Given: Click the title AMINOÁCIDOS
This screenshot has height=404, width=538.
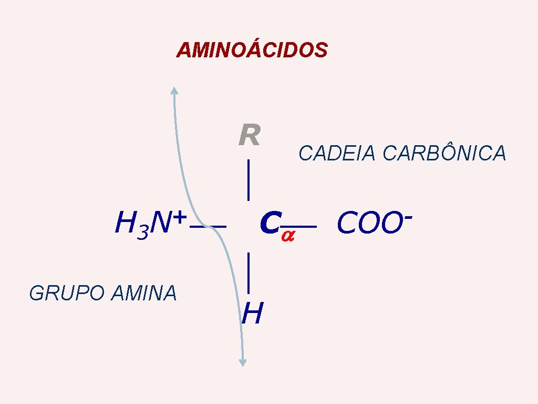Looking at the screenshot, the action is (x=252, y=50).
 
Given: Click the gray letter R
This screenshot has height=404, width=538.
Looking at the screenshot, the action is (x=249, y=136).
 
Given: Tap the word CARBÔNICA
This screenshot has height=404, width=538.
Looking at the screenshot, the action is (x=444, y=153).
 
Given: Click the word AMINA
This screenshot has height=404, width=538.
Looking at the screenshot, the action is (x=144, y=293).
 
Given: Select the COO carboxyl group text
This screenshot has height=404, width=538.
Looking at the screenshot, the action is (x=366, y=224).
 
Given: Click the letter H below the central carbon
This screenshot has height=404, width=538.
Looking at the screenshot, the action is (x=252, y=314).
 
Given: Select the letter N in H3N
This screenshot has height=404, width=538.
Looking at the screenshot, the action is (x=160, y=224).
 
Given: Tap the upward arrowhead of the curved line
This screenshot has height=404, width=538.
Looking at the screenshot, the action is (x=174, y=90).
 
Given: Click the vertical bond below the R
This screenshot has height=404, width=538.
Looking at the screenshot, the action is (x=247, y=180).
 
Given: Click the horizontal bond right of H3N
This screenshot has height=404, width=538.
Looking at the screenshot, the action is (x=209, y=227).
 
